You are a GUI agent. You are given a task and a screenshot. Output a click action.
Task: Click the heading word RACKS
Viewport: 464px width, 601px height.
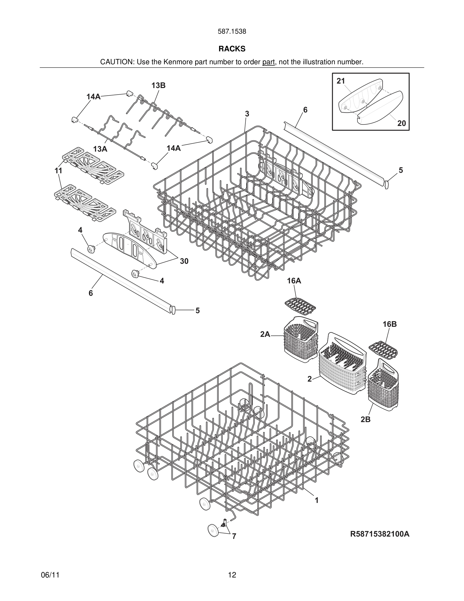(x=232, y=49)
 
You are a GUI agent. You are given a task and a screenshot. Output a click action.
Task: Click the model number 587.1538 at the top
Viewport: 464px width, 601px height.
(x=232, y=31)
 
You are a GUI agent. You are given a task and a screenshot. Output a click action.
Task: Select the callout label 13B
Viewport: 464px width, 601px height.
(x=158, y=85)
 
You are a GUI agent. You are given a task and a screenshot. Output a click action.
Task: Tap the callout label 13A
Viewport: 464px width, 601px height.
(x=100, y=149)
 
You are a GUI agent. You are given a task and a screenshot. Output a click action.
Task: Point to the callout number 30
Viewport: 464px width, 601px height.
(x=184, y=261)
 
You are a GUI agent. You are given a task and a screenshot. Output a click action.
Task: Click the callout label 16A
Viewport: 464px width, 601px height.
(x=294, y=281)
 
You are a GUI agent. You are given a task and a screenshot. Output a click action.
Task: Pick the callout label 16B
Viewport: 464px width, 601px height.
(x=389, y=324)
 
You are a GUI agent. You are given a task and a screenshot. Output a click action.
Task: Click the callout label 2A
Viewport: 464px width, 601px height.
(x=265, y=334)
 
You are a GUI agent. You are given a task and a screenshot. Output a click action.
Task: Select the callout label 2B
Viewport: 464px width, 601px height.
(x=366, y=419)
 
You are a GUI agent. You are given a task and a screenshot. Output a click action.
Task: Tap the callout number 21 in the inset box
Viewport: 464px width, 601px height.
(x=341, y=81)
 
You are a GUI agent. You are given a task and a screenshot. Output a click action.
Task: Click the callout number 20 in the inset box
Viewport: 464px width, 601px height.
(x=401, y=123)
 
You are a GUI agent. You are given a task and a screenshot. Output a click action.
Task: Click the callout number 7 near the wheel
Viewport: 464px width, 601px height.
(x=234, y=536)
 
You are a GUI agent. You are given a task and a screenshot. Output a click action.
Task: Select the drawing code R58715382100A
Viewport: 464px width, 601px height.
(x=380, y=534)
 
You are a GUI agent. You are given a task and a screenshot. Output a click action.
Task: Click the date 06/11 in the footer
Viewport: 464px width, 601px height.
(x=50, y=575)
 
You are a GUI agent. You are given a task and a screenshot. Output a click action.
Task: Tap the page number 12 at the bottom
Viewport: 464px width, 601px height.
(x=232, y=575)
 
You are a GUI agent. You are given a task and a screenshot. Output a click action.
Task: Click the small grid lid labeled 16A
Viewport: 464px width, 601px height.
(x=300, y=306)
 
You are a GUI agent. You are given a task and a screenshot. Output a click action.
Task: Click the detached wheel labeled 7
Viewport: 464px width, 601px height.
(x=213, y=530)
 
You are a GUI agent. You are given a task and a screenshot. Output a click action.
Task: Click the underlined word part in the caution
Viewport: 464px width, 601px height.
(x=268, y=62)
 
